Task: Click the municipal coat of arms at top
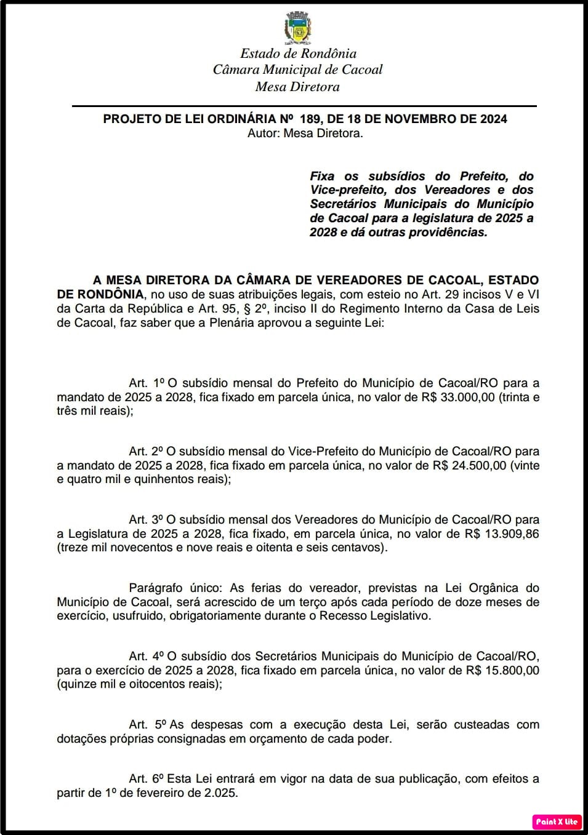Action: point(298,28)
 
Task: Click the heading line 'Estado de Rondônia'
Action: point(298,54)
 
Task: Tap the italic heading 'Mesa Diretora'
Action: point(297,87)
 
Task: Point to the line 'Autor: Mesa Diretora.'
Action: point(305,133)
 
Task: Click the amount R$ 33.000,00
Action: point(458,398)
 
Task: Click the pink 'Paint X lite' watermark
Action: point(557,821)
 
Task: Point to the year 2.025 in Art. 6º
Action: point(220,793)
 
